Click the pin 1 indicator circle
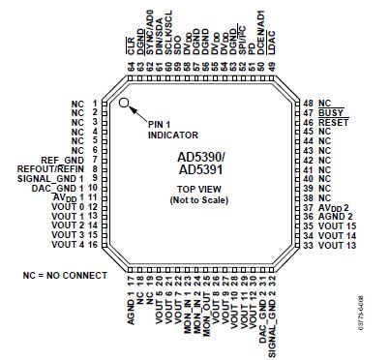point(124,103)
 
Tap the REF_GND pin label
point(63,160)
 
